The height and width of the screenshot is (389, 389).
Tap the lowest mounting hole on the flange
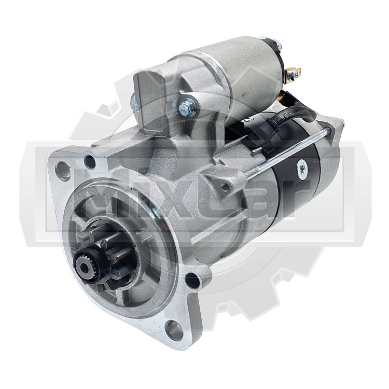pyautogui.click(x=173, y=327)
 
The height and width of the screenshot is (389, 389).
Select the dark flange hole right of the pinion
pyautogui.click(x=192, y=280)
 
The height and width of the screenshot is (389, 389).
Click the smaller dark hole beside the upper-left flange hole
pyautogui.click(x=90, y=161)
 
